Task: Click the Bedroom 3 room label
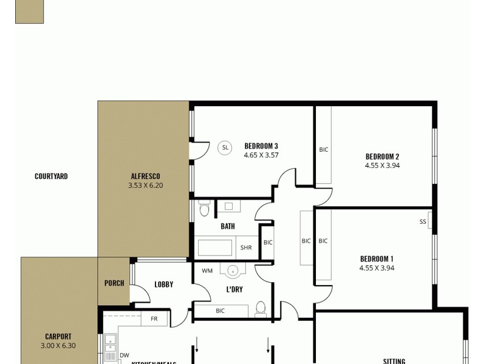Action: coord(261,146)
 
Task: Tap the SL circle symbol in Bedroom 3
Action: coord(225,147)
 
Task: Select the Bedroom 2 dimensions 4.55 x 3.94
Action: coord(382,165)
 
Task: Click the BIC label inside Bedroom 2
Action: coord(324,150)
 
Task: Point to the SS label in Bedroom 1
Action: coord(423,222)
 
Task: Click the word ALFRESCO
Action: coord(145,176)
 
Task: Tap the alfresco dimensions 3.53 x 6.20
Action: coord(145,186)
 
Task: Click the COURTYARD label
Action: coord(51,177)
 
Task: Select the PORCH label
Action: coord(114,283)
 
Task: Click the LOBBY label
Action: coord(164,284)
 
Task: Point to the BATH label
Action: coord(228,226)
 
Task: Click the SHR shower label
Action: coord(246,248)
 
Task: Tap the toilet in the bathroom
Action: coord(204,210)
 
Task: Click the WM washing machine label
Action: coord(207,271)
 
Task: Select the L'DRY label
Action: coord(234,289)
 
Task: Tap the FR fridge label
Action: coord(154,318)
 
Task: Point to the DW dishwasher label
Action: coord(124,356)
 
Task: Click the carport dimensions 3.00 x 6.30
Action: coord(58,346)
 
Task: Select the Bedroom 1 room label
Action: coord(377,258)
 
